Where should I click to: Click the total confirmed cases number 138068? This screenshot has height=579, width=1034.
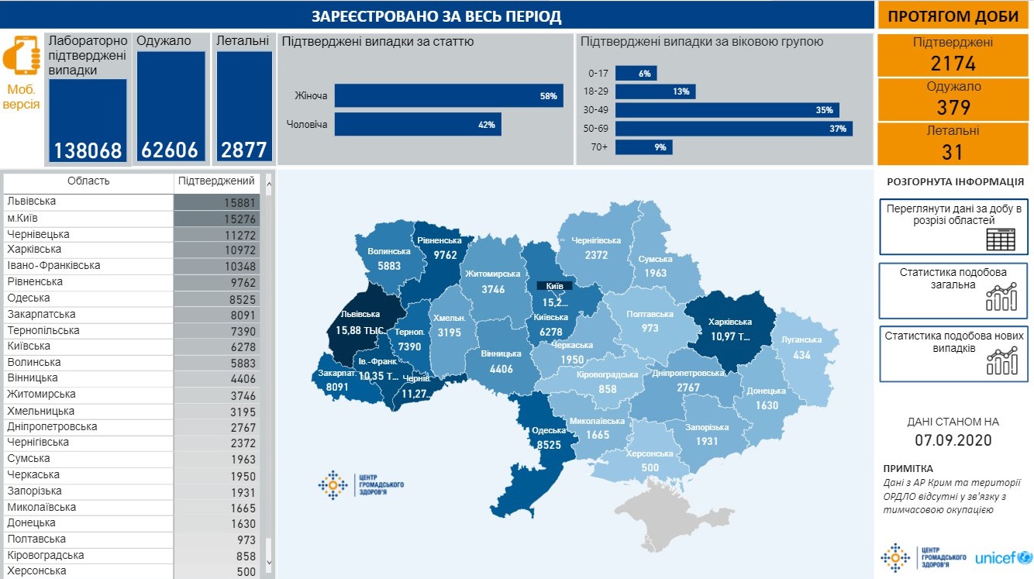88,150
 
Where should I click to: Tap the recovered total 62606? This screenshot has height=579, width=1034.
171,150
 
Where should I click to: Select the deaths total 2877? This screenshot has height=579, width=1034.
243,150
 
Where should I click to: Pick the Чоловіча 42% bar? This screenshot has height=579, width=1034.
417,124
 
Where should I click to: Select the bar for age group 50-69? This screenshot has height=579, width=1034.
733,129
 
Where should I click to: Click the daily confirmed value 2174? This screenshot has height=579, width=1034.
953,64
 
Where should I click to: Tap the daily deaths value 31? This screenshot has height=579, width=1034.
953,152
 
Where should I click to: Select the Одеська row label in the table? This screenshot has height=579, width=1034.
29,298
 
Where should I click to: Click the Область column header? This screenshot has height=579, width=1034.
88,181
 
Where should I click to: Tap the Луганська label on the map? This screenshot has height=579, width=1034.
801,339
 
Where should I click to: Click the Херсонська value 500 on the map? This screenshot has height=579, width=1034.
650,467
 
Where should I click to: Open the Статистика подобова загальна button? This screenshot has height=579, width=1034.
953,291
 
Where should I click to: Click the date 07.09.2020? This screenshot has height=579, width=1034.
953,441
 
